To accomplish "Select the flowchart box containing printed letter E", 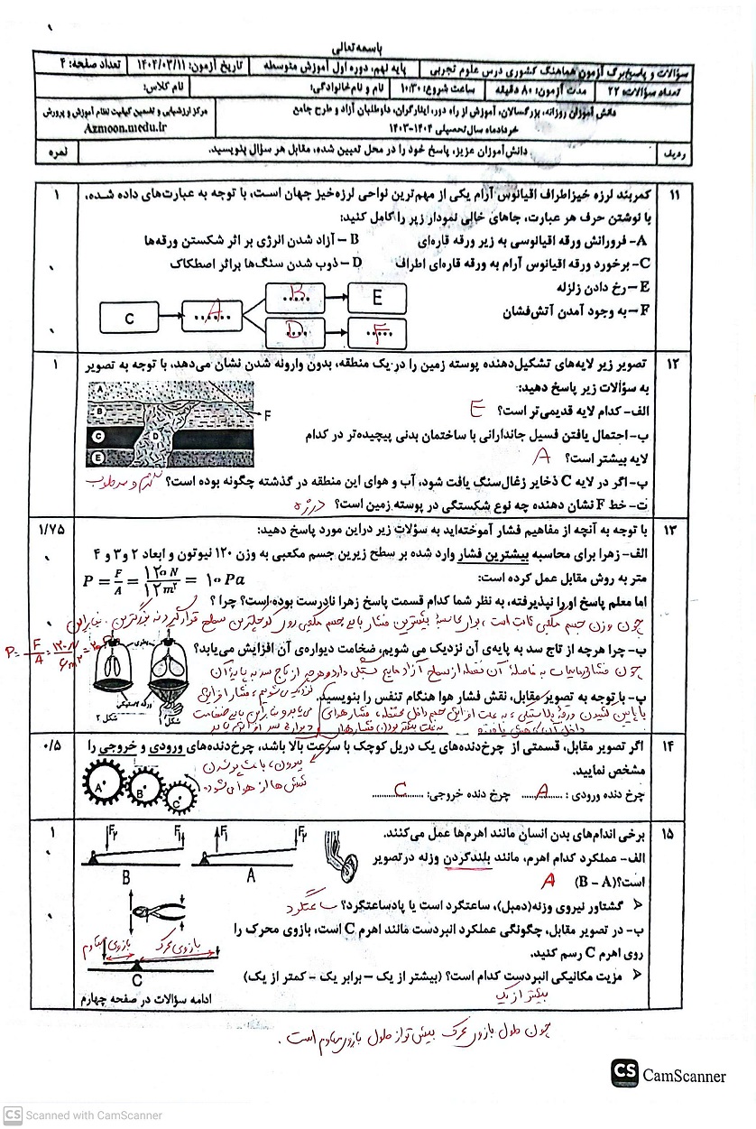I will [x=376, y=297].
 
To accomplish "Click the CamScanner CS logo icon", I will [x=624, y=1073].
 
